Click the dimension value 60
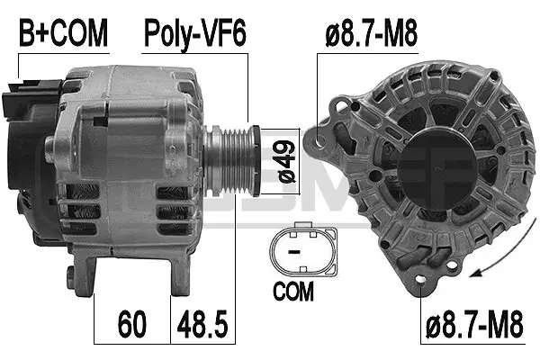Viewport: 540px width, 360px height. pyautogui.click(x=131, y=321)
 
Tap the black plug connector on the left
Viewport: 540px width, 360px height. pyautogui.click(x=15, y=99)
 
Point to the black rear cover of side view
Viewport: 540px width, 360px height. pyautogui.click(x=22, y=162)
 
